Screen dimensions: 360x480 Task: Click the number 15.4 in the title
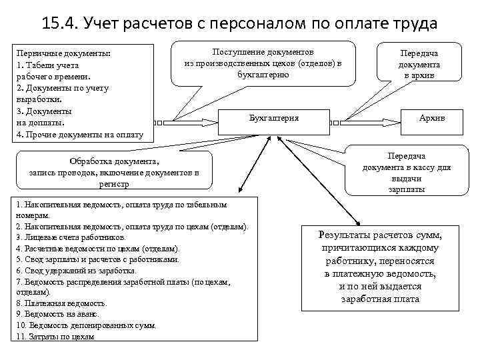pos(59,25)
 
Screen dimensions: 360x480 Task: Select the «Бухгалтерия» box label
pos(274,118)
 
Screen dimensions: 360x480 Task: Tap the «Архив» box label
pos(432,118)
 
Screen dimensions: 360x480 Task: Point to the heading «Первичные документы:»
pos(63,53)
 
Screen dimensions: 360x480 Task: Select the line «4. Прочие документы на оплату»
pos(79,134)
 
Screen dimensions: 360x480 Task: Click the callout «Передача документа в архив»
pos(419,64)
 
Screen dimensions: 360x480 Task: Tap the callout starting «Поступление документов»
pos(263,63)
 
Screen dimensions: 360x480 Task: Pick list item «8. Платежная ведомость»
pos(61,303)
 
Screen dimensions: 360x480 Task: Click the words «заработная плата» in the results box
pos(380,299)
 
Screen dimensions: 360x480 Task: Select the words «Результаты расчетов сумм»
pos(380,235)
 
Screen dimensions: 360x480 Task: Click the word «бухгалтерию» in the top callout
pos(263,74)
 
